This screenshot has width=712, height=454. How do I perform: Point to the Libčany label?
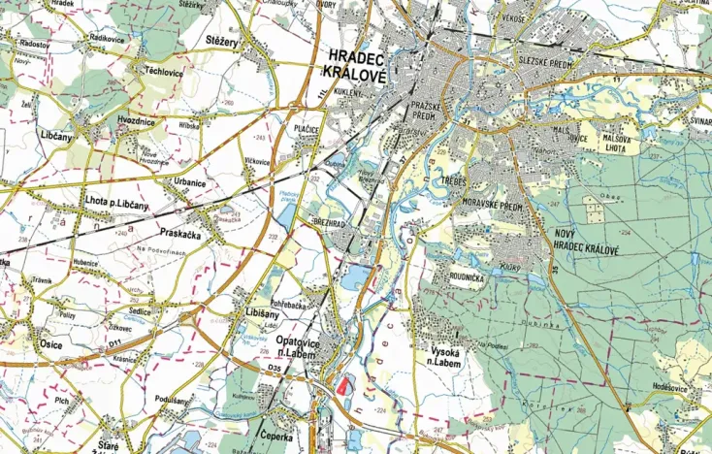pyautogui.click(x=55, y=137)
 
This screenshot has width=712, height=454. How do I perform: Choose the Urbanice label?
pyautogui.click(x=189, y=181)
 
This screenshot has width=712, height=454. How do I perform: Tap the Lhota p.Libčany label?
pyautogui.click(x=117, y=204)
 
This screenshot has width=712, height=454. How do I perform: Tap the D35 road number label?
pyautogui.click(x=275, y=370)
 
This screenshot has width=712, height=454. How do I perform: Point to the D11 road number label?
pyautogui.click(x=113, y=342)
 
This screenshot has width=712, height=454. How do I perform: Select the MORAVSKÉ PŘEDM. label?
pyautogui.click(x=494, y=207)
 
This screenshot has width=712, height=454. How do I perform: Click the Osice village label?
pyautogui.click(x=51, y=344)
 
